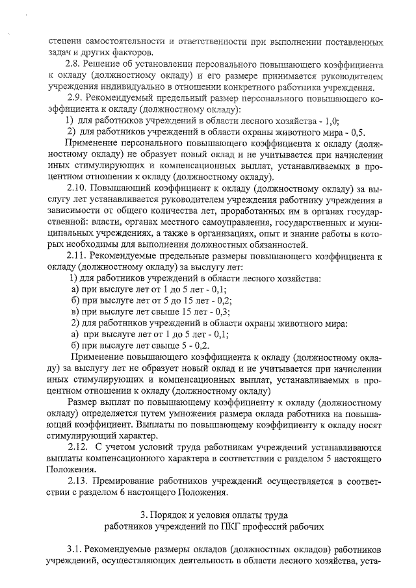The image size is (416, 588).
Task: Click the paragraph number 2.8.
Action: pos(75,65)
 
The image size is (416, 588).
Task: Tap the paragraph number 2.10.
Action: pos(77,188)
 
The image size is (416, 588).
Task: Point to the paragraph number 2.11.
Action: pos(77,257)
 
